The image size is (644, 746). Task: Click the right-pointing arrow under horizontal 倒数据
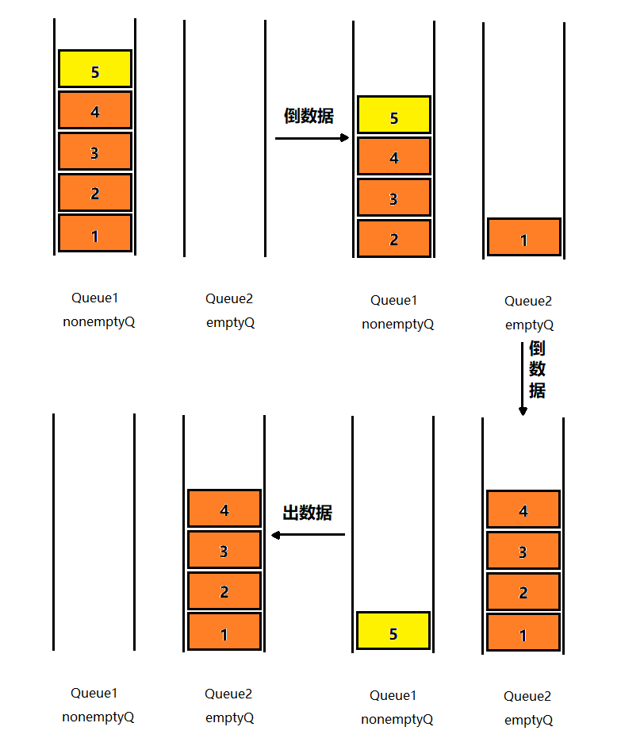312,138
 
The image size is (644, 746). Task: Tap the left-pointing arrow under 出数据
309,534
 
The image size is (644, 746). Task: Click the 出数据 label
308,513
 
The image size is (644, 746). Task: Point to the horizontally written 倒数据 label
309,116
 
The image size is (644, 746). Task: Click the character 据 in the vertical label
538,390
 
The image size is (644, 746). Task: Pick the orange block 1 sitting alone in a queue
524,237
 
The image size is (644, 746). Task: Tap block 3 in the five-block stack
95,152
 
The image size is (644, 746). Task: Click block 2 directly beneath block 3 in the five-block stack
95,192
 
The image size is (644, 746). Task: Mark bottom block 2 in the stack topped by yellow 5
394,238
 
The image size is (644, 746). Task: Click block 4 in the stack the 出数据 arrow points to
224,509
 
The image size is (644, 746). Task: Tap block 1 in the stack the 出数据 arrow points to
224,632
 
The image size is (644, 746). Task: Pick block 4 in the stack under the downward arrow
523,510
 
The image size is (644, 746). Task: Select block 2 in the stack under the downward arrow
523,591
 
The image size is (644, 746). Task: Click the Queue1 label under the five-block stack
94,298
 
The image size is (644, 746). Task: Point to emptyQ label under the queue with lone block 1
529,325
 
